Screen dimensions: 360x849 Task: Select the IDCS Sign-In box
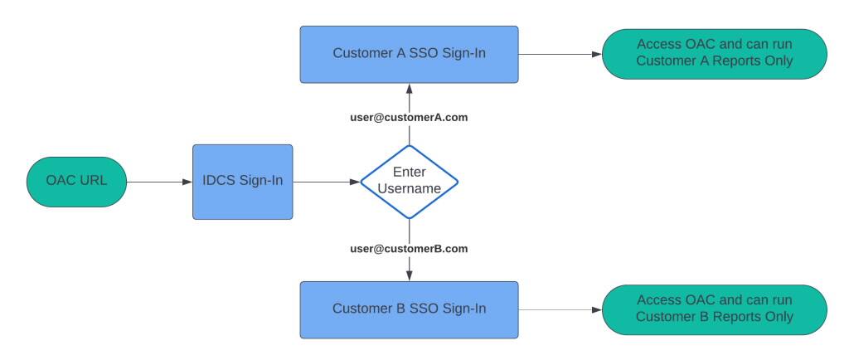point(242,182)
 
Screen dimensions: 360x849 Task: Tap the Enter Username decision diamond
point(409,182)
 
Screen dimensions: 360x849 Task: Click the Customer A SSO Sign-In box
point(409,54)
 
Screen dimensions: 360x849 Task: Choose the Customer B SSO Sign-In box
point(409,309)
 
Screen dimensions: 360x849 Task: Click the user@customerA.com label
point(409,118)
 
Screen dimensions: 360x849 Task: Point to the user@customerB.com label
point(409,249)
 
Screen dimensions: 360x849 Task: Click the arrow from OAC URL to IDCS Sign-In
point(158,182)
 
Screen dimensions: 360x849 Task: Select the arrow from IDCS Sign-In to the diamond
point(325,182)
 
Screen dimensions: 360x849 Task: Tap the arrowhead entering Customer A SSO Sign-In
point(409,88)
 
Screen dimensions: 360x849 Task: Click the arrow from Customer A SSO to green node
point(560,54)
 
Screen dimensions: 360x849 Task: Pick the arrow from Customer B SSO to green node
point(560,309)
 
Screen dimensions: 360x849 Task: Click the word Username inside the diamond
point(409,189)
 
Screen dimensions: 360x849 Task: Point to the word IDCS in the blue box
point(220,182)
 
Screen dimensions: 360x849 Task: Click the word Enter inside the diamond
point(409,173)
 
